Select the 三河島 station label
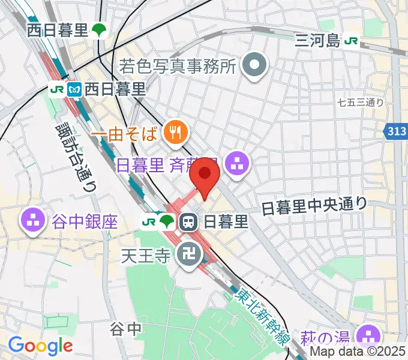[x=317, y=41]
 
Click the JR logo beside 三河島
[x=352, y=41]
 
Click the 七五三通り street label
[x=361, y=103]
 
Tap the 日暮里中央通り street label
[x=314, y=206]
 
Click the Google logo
[x=40, y=346]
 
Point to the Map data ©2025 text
[x=358, y=352]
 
